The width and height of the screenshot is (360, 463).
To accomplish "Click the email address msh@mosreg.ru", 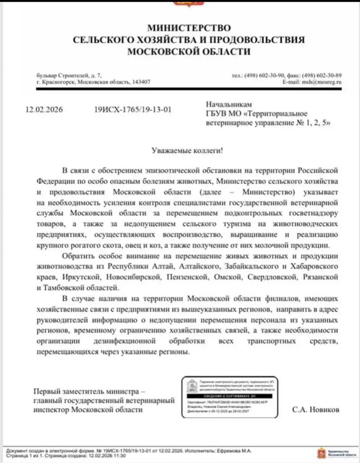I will point(322,82).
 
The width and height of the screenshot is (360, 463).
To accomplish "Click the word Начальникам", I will point(229,105).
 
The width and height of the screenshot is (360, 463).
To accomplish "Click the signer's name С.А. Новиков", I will point(316,410).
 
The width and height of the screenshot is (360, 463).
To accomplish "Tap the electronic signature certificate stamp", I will point(230,397).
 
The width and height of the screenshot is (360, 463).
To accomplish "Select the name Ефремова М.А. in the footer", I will point(234,451).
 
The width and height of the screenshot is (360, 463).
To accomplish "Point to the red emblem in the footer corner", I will point(321,453).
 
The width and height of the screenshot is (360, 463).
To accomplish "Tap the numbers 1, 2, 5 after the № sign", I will point(318,123).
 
